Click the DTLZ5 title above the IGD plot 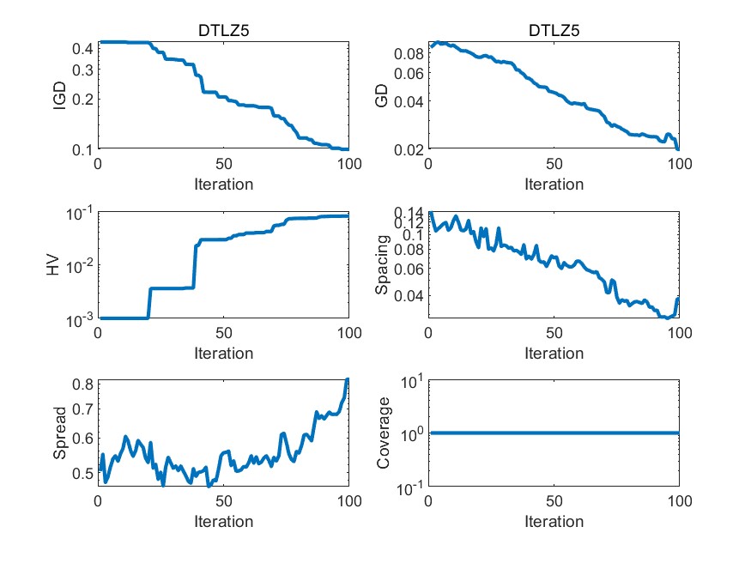coord(224,32)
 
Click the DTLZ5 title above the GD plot coord(554,32)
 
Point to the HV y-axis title coord(53,265)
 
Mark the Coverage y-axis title coord(384,434)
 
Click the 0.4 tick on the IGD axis coord(82,48)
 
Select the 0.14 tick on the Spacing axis coord(407,213)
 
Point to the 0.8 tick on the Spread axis coord(82,384)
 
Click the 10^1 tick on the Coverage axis coord(409,380)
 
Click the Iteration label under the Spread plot coord(224,521)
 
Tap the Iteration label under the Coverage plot coord(554,521)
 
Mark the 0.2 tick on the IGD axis coord(82,99)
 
